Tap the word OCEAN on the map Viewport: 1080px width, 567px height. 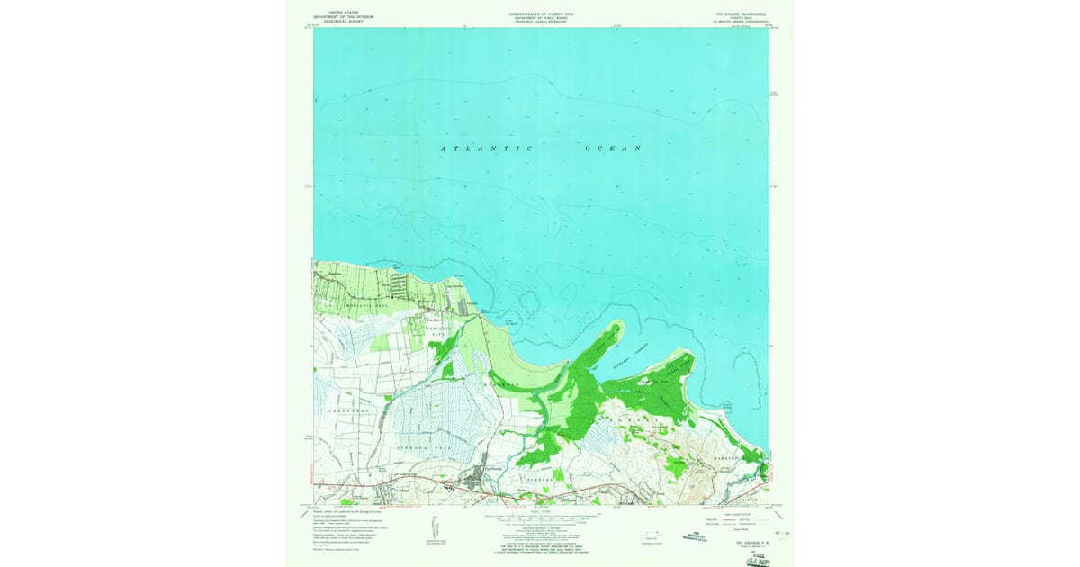pyautogui.click(x=612, y=148)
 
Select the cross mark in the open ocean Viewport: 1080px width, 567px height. pyautogui.click(x=616, y=186)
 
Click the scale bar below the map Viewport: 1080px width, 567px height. pyautogui.click(x=541, y=519)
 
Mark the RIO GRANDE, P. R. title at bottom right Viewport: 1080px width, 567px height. pyautogui.click(x=735, y=544)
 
